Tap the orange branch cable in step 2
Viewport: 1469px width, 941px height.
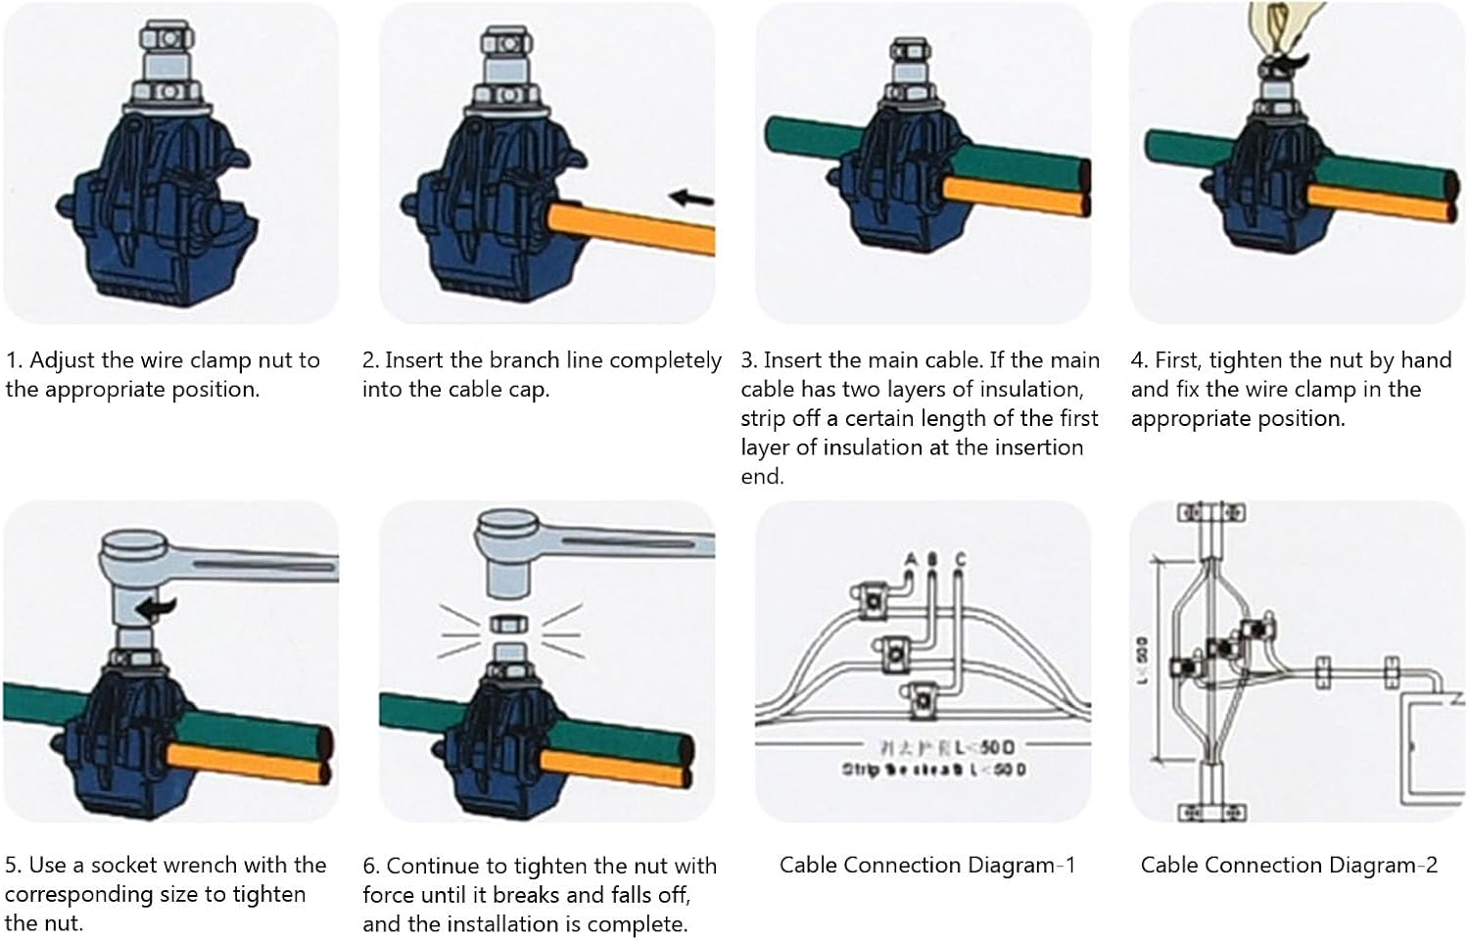637,226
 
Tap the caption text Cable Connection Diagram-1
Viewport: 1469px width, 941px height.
926,865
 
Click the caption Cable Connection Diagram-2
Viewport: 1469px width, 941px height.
1289,865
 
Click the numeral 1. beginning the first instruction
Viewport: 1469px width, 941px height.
14,360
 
